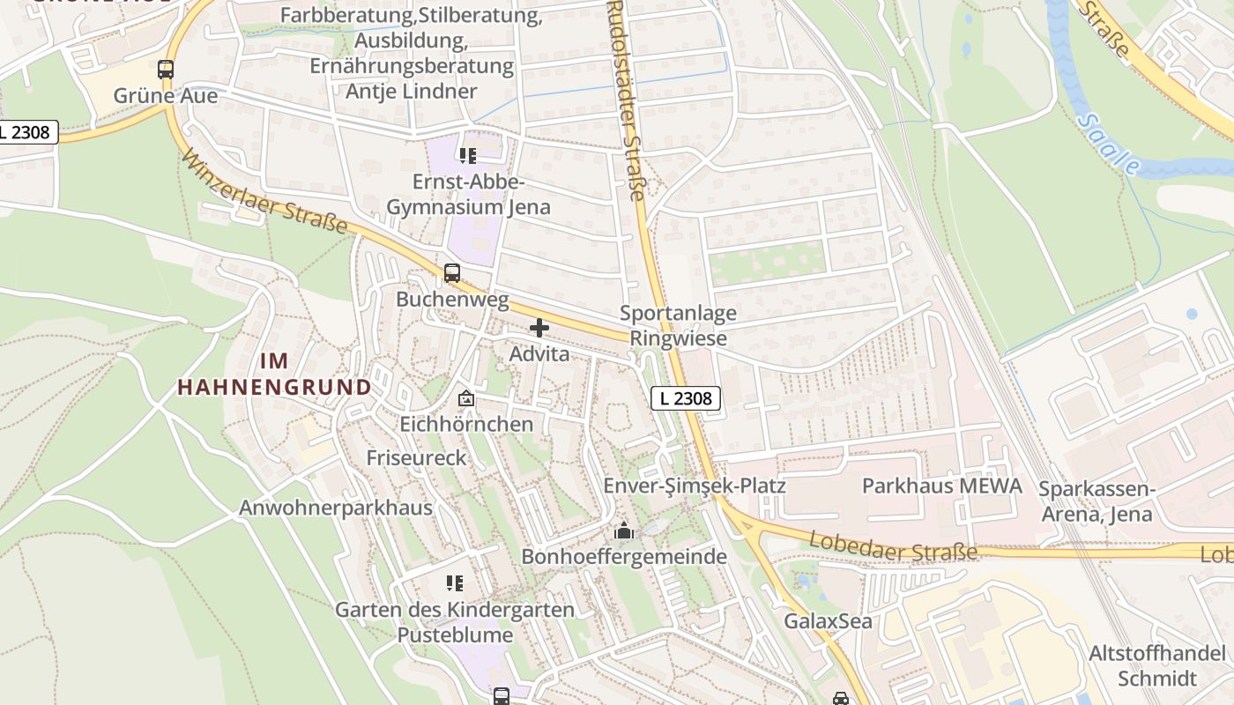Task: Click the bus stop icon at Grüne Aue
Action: click(166, 69)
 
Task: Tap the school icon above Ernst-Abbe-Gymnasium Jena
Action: click(467, 156)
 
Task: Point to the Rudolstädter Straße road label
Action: click(627, 100)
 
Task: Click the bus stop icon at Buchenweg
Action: click(452, 273)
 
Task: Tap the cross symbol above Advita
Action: click(539, 328)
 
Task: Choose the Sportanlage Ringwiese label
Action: click(678, 325)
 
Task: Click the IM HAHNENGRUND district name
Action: click(274, 374)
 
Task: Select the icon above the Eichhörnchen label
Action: click(466, 398)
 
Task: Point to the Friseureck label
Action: click(416, 457)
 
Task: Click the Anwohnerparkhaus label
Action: click(336, 508)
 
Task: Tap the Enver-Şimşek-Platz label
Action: click(694, 486)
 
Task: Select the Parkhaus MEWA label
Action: click(941, 486)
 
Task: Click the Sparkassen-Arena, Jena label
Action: click(1096, 501)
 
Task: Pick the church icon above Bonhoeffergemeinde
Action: click(624, 531)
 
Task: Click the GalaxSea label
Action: click(829, 620)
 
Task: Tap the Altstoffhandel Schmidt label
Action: click(1157, 665)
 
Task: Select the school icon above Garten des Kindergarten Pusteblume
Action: click(455, 583)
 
